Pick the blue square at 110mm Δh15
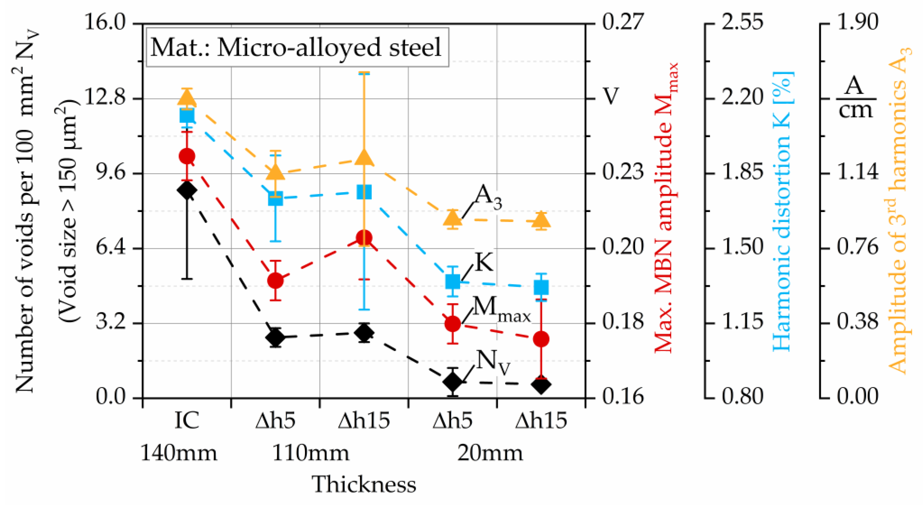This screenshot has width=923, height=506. pyautogui.click(x=364, y=192)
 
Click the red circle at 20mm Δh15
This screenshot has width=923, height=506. pyautogui.click(x=541, y=339)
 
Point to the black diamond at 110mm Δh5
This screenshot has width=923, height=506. pyautogui.click(x=276, y=337)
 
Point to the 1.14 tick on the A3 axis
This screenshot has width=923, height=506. pyautogui.click(x=858, y=173)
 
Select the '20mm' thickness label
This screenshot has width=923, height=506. pyautogui.click(x=490, y=453)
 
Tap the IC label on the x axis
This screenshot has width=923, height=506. pyautogui.click(x=187, y=420)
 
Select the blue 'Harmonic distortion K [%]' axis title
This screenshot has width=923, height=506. pyautogui.click(x=783, y=211)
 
